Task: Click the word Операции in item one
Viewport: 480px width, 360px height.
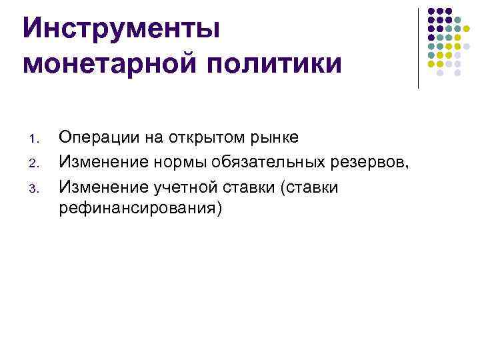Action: (x=93, y=137)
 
